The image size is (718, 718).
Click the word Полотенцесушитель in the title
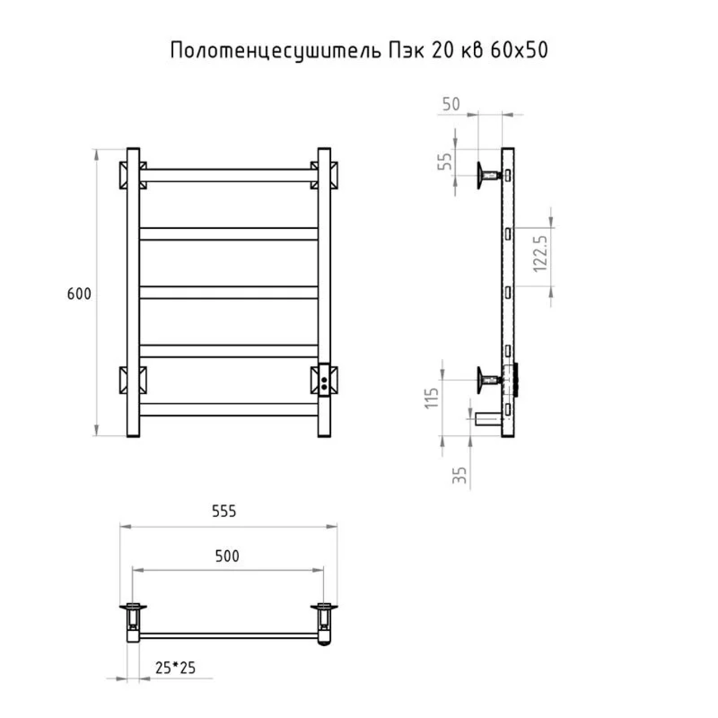point(276,51)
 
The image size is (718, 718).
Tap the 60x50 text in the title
point(518,50)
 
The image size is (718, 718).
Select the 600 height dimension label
point(79,293)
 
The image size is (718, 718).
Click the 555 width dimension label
point(224,511)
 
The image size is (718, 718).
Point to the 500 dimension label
point(227,556)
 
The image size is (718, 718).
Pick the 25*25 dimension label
point(175,668)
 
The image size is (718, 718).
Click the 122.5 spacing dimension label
point(540,254)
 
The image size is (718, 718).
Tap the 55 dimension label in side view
point(444,161)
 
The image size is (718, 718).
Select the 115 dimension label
point(432,398)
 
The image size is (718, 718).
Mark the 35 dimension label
point(460,475)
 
